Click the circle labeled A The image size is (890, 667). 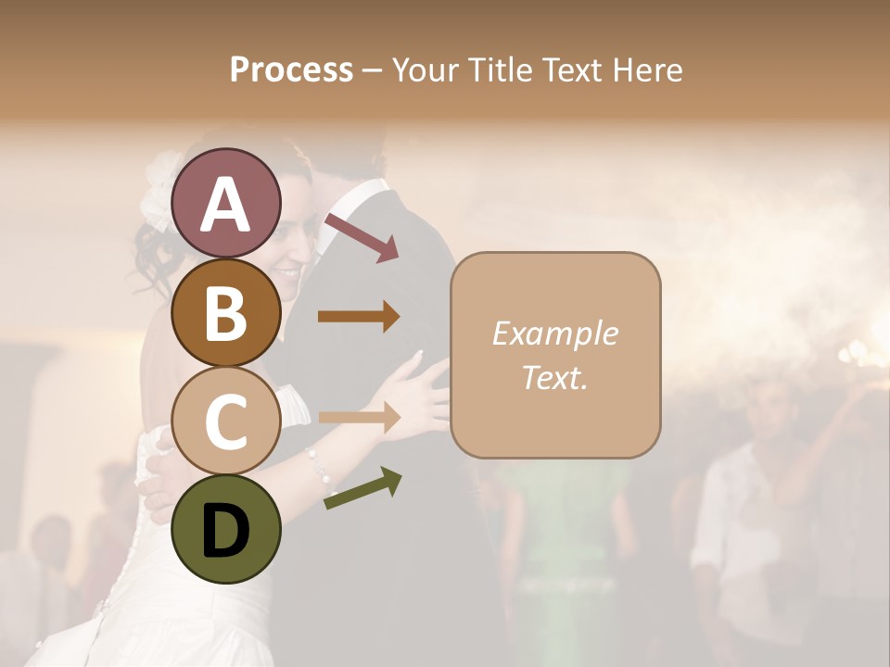pyautogui.click(x=225, y=203)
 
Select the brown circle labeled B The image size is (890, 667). pyautogui.click(x=225, y=312)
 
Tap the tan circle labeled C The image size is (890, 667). pyautogui.click(x=225, y=421)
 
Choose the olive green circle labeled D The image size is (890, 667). pyautogui.click(x=225, y=529)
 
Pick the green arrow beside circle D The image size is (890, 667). pyautogui.click(x=362, y=487)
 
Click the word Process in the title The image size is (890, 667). pyautogui.click(x=291, y=69)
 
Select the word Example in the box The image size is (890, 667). pyautogui.click(x=554, y=333)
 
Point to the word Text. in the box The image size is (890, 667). pyautogui.click(x=554, y=377)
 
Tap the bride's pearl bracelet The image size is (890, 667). pyautogui.click(x=322, y=473)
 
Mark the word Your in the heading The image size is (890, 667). pyautogui.click(x=425, y=69)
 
